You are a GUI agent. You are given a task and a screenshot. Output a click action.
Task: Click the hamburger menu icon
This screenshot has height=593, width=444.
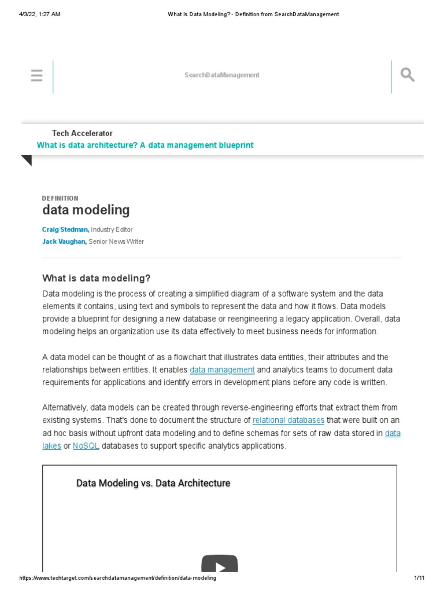[36, 75]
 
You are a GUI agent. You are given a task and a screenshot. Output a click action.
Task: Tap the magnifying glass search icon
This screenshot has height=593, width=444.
[408, 75]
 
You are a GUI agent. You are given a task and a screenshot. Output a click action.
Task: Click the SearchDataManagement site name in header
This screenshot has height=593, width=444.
[222, 75]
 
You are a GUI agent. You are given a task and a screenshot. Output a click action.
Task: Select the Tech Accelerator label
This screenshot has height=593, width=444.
[82, 133]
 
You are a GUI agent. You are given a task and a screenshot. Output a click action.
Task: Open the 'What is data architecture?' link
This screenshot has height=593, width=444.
[145, 145]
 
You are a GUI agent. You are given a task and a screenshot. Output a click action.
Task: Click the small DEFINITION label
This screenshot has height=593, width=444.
[60, 198]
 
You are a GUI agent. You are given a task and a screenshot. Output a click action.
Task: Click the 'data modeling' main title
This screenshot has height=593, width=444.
[86, 210]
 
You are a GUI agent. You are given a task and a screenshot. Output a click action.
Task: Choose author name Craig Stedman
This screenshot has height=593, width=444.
[65, 229]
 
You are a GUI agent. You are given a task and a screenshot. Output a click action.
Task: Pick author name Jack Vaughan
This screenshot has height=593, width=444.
[64, 241]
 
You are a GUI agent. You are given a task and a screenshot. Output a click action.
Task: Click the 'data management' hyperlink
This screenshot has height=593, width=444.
[222, 369]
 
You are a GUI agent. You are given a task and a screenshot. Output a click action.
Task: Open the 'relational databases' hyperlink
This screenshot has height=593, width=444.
[288, 420]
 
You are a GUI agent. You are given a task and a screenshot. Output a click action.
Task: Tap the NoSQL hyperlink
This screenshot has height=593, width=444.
[86, 446]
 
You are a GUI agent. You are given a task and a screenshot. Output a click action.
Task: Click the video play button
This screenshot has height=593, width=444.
[220, 565]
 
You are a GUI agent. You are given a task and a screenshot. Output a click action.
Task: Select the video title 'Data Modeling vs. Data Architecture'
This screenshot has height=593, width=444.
[153, 483]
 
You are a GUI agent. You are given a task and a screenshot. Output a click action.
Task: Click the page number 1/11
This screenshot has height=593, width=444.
[420, 579]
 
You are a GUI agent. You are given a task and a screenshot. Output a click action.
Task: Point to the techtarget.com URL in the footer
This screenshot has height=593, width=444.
[118, 579]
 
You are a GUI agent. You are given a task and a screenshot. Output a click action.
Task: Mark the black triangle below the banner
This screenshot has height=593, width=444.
[27, 160]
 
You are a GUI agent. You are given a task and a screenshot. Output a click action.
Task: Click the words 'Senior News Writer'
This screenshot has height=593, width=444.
[116, 241]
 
